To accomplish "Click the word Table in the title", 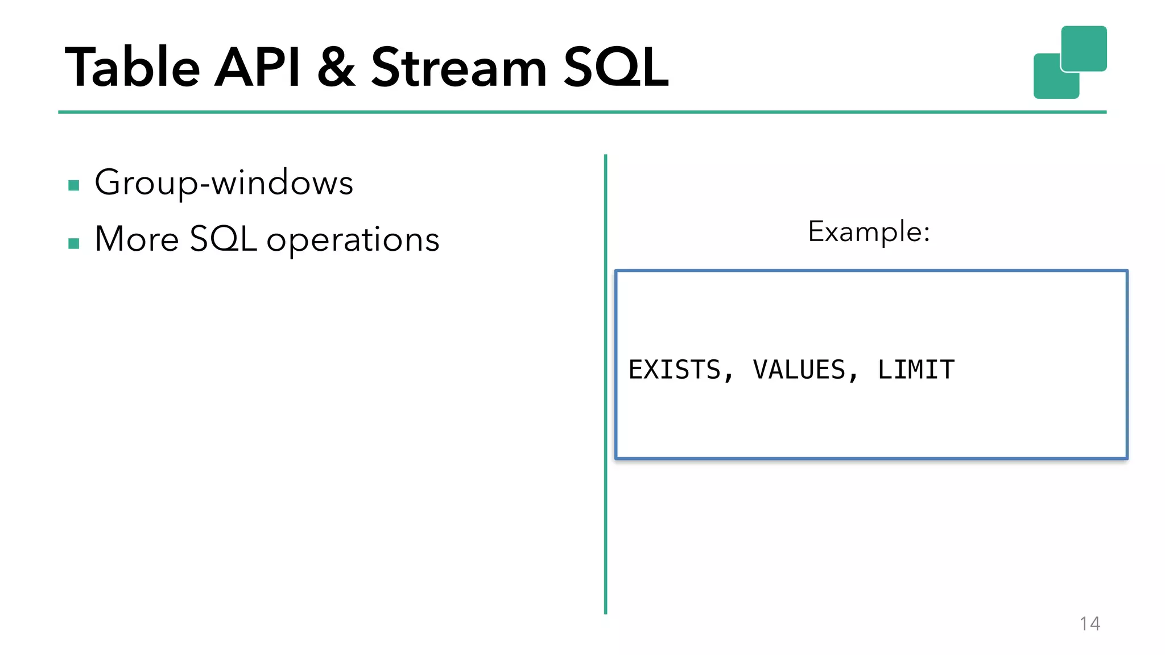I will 132,68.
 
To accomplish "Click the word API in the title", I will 257,68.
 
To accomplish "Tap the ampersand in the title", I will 337,68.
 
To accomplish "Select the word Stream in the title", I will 458,68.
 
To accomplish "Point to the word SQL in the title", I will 615,68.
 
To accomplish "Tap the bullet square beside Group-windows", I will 73,185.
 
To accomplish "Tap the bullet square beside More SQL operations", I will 73,243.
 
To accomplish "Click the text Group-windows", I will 224,183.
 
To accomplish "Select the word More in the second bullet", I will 137,239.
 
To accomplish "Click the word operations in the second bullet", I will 353,240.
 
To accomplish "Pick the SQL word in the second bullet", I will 223,239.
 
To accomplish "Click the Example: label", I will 869,231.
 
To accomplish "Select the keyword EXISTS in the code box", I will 675,370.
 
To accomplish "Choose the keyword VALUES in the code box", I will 799,370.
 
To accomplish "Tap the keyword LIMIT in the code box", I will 916,370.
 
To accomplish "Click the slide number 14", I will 1089,624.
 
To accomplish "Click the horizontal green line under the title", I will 569,112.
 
